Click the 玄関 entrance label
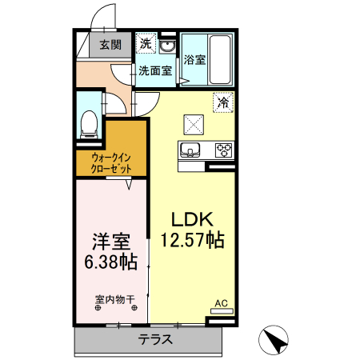110,45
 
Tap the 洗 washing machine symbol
146,43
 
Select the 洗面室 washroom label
154,70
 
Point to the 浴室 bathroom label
194,59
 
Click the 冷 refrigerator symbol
225,102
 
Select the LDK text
190,218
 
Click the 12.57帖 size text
192,238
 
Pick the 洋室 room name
110,241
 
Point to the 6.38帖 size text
110,261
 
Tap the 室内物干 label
114,300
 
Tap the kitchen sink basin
190,149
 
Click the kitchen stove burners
222,149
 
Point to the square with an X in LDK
195,122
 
